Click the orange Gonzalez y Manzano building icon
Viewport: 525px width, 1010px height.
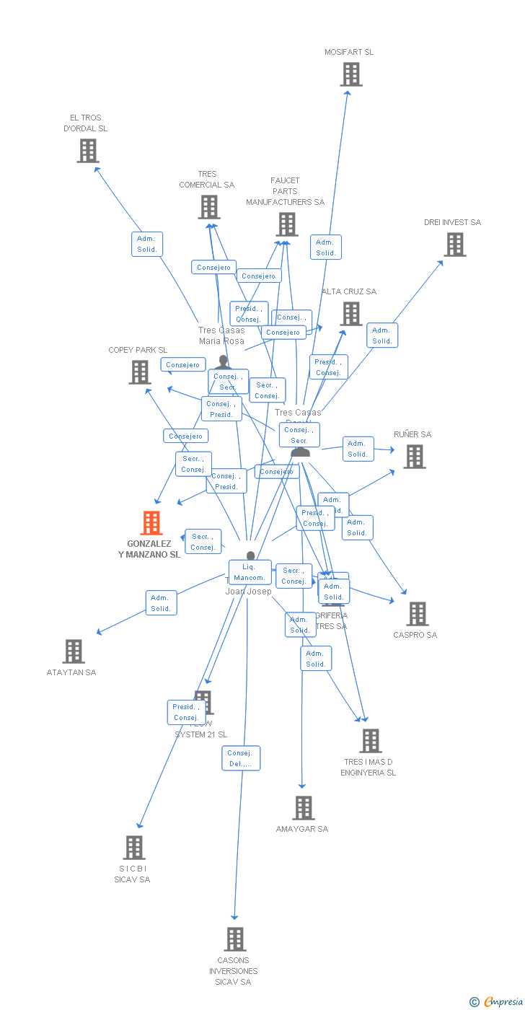pos(151,522)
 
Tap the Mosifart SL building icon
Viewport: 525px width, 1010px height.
pos(351,74)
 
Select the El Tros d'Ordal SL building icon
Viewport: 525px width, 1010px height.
pos(88,151)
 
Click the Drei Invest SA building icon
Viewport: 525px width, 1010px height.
pos(454,245)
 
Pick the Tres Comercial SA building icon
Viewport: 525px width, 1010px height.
pos(209,207)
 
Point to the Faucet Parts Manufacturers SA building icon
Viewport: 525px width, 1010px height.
pos(287,224)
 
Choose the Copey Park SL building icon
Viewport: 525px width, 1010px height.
pos(140,372)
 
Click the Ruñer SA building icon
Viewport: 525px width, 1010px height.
pos(414,457)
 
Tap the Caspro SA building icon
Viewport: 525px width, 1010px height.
pos(417,614)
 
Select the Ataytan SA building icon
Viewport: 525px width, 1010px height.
pos(74,651)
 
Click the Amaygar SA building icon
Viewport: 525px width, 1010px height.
pos(304,808)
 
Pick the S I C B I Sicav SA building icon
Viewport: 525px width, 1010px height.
pos(134,848)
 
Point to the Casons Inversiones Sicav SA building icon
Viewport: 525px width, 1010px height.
pos(235,939)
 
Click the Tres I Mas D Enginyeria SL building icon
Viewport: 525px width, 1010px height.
pos(370,741)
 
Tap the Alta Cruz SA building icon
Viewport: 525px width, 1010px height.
pos(351,314)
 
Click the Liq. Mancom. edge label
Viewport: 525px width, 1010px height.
pos(250,572)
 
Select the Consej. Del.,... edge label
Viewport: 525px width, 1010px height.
pos(241,758)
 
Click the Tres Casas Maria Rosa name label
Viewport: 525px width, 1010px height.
pos(221,335)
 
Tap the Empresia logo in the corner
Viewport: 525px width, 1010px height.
pos(498,1001)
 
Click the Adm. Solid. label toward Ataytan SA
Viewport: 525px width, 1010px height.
pos(161,603)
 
